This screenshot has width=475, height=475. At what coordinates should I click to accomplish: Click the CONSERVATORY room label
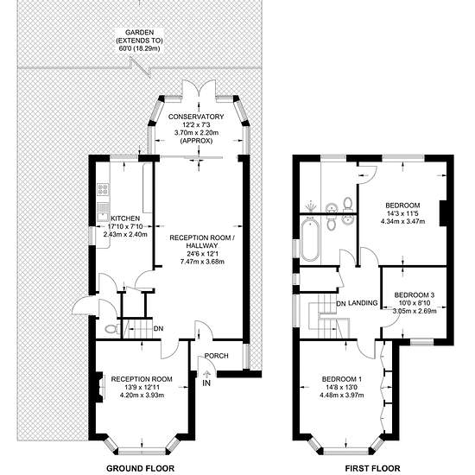(x=196, y=117)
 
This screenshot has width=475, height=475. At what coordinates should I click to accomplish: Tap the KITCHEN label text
(x=125, y=218)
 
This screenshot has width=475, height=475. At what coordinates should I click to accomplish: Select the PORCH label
(x=216, y=356)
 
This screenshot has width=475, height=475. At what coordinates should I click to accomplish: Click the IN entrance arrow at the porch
(x=207, y=375)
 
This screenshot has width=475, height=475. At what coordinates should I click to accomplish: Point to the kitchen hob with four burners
(x=103, y=189)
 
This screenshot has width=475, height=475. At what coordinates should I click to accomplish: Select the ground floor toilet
(x=111, y=329)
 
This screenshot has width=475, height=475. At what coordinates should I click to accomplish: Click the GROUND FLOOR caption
(x=140, y=468)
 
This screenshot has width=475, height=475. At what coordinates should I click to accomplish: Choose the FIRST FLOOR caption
(x=372, y=468)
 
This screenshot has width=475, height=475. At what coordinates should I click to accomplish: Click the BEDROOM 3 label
(x=414, y=294)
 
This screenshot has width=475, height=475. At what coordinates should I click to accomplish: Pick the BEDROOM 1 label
(x=342, y=379)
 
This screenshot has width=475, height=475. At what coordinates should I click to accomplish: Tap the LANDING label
(x=363, y=302)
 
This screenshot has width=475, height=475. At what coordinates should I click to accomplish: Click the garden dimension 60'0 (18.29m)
(x=139, y=48)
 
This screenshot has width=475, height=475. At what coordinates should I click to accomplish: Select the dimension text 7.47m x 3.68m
(x=202, y=262)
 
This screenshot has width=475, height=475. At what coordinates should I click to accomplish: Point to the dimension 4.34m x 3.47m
(x=402, y=221)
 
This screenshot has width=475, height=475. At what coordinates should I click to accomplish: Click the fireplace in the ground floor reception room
(x=99, y=387)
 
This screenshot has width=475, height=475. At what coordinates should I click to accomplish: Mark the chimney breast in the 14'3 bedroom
(x=444, y=213)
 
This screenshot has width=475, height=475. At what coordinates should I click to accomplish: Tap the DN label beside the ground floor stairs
(x=158, y=329)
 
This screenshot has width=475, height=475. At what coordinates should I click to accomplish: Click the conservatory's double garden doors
(x=199, y=90)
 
